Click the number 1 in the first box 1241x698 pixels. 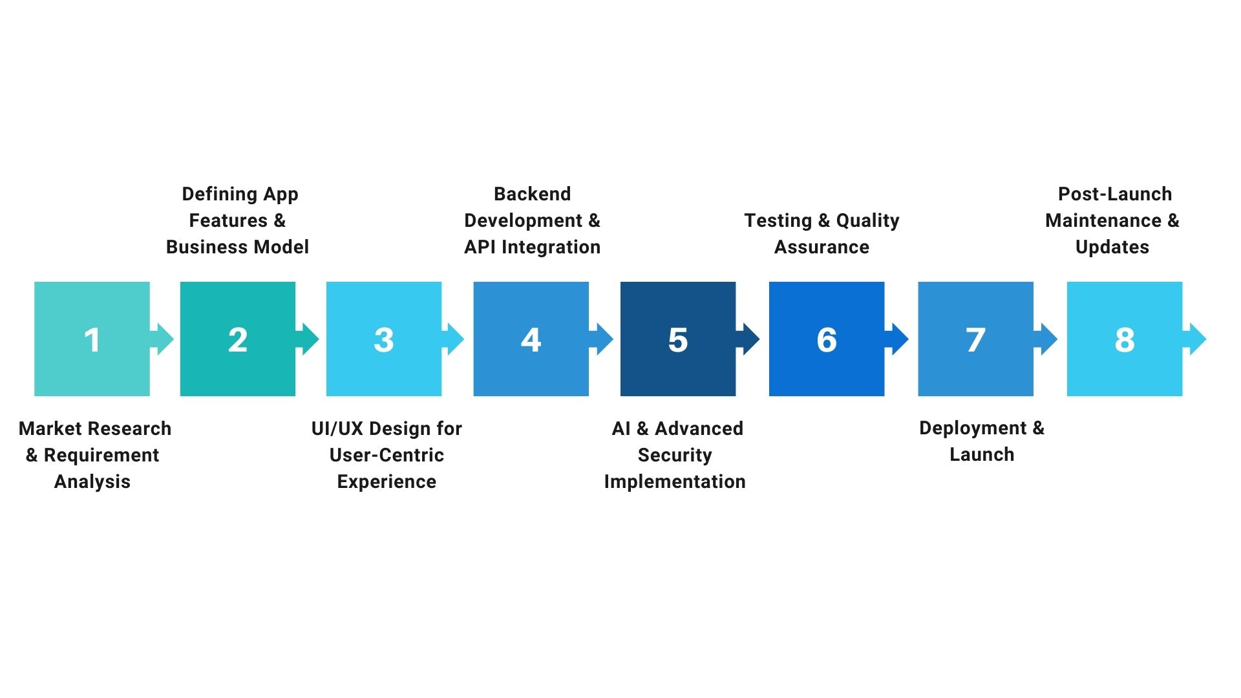coord(92,340)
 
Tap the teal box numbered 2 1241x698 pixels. coord(237,339)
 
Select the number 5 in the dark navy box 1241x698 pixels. coord(677,340)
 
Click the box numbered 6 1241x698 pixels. coord(826,339)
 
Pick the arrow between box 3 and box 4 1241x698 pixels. coord(454,339)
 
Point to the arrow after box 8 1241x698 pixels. coord(1196,339)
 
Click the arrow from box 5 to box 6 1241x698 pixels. coord(749,339)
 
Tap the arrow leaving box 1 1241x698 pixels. coord(163,339)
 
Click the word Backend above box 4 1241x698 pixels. coord(532,194)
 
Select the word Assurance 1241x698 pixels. coord(822,247)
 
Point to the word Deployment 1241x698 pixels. coord(973,428)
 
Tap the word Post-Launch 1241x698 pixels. coord(1115,194)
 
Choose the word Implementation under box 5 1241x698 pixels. coord(675,481)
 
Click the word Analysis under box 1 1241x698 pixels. coord(92,481)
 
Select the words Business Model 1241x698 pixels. coord(237,247)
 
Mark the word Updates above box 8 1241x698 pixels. coord(1112,247)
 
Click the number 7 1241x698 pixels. coord(975,340)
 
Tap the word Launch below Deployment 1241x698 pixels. coord(981,454)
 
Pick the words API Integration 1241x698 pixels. coord(532,247)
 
